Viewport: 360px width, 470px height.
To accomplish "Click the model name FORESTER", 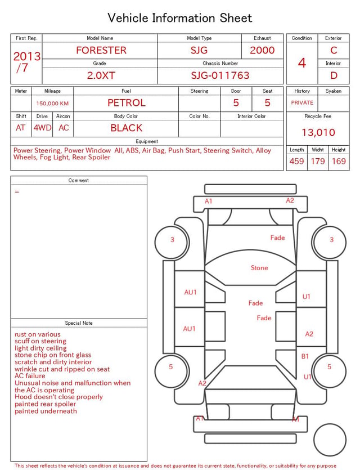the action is click(101, 50).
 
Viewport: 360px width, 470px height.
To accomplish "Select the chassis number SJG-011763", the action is click(220, 75).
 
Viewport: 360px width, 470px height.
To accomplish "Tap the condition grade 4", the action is click(302, 63).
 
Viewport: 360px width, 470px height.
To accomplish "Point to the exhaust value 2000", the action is click(262, 50).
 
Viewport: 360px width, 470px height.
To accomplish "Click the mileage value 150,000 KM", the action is click(52, 104).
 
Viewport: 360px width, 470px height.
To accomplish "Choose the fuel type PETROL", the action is click(127, 103).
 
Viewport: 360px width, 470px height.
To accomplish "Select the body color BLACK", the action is click(127, 128).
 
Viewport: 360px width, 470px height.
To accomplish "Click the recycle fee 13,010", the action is click(318, 132).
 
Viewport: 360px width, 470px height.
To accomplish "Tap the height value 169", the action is click(339, 161).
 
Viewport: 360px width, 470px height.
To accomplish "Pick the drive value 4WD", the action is click(42, 128).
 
